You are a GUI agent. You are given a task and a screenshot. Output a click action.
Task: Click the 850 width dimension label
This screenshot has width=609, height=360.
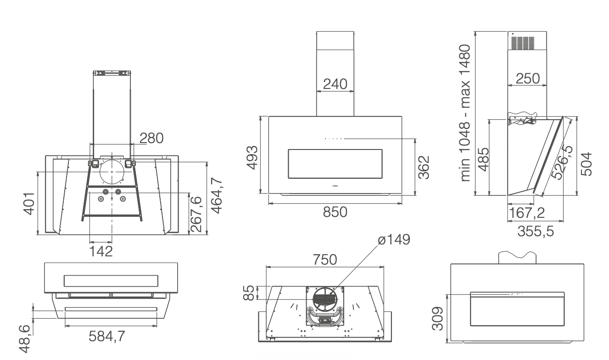(335, 212)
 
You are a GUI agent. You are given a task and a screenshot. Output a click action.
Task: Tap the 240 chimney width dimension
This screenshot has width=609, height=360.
(335, 84)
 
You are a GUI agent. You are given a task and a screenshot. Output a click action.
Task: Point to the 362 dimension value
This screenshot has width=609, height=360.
(424, 168)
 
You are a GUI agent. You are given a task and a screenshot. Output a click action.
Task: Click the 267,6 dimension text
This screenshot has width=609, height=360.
(196, 214)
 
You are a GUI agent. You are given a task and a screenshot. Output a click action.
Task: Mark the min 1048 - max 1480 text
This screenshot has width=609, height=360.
(466, 112)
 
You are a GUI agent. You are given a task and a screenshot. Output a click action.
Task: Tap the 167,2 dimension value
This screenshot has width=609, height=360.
(525, 213)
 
